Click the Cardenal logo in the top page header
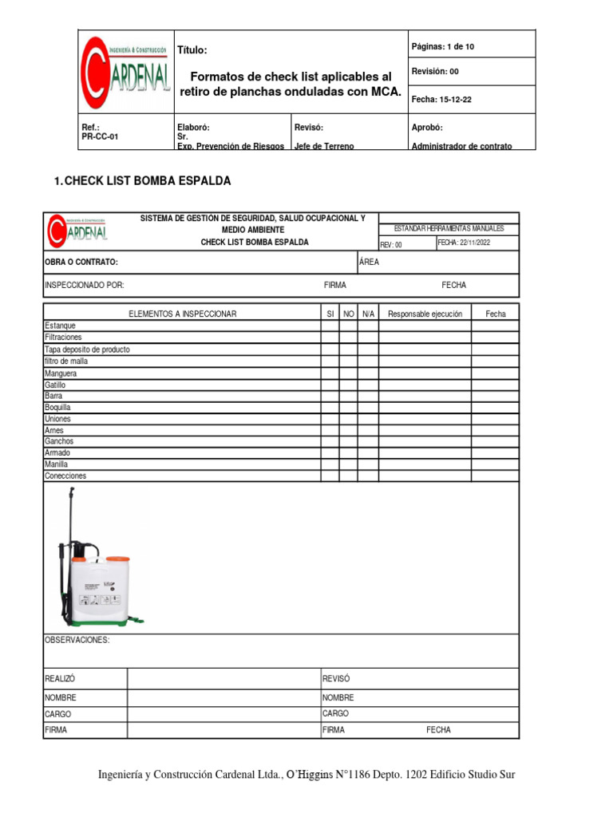pos(125,72)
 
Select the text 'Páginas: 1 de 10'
pos(442,47)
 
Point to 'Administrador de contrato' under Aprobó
pos(461,146)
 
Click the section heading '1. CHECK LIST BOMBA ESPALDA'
pos(142,181)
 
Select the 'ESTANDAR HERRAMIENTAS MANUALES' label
pos(449,229)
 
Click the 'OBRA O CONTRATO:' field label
pos(81,262)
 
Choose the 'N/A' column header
pos(368,314)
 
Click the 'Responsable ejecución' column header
pos(425,314)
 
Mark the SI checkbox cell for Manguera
pos(330,373)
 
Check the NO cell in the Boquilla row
pos(348,407)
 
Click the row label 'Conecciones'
pos(65,476)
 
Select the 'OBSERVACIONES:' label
pos(77,640)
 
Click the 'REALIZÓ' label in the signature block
pos(60,679)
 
